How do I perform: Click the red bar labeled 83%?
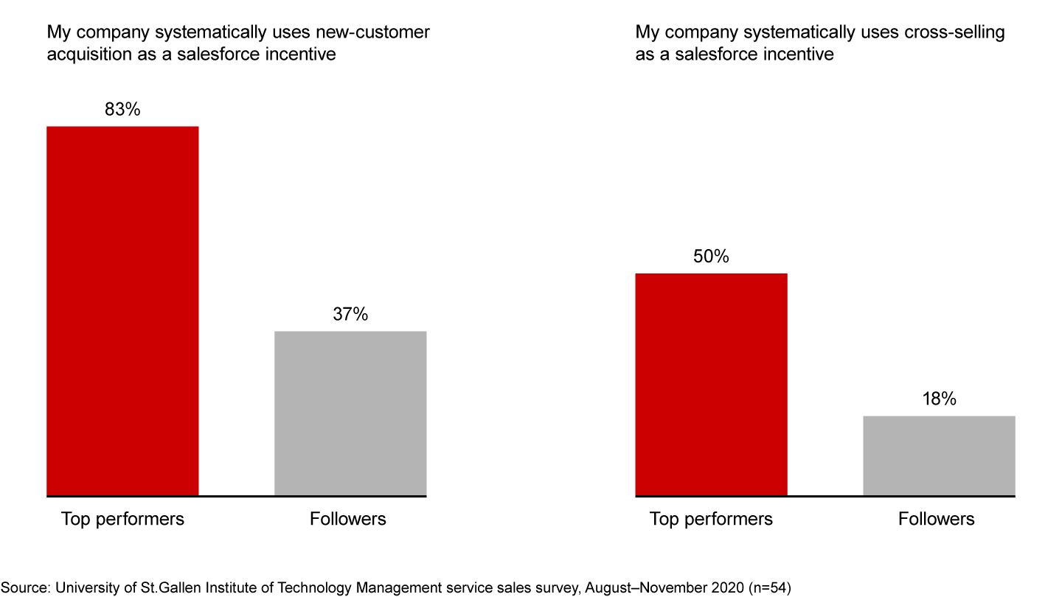(x=122, y=310)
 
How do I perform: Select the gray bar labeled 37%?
(x=350, y=413)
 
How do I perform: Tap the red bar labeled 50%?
(x=711, y=384)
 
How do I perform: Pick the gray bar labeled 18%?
(x=939, y=455)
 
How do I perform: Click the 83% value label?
(x=122, y=110)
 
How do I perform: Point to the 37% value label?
(x=350, y=315)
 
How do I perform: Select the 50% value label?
(x=711, y=256)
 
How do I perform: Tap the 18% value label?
(x=939, y=399)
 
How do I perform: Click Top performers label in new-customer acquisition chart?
(x=122, y=519)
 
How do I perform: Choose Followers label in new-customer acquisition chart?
(x=348, y=519)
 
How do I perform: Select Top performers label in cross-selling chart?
(x=711, y=519)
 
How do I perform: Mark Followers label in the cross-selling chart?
(x=937, y=519)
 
